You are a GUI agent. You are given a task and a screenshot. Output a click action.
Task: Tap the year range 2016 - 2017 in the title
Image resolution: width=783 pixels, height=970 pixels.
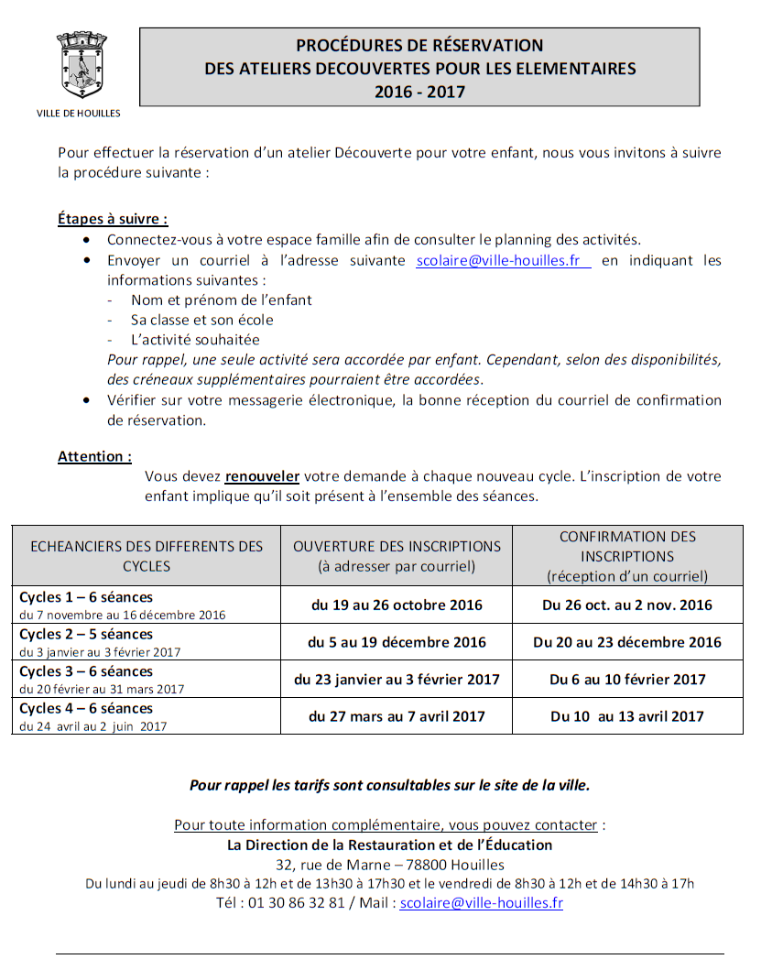pyautogui.click(x=419, y=92)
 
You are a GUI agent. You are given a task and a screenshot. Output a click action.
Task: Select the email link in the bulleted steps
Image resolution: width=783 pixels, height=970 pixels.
pyautogui.click(x=503, y=260)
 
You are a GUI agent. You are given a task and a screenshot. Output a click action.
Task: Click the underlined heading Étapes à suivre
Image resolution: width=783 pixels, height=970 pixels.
pyautogui.click(x=113, y=219)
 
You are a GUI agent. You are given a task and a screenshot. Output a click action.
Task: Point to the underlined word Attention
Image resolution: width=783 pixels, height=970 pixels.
pyautogui.click(x=94, y=456)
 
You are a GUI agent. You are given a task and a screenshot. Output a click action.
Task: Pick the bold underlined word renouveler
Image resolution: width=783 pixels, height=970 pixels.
pyautogui.click(x=263, y=476)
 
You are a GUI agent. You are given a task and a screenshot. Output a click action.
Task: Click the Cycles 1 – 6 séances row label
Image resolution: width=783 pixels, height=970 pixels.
pyautogui.click(x=86, y=597)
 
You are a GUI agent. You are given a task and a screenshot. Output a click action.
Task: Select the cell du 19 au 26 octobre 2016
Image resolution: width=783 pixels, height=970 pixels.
pyautogui.click(x=397, y=605)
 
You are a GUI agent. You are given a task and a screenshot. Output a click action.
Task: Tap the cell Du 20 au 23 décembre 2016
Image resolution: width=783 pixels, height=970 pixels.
pyautogui.click(x=627, y=642)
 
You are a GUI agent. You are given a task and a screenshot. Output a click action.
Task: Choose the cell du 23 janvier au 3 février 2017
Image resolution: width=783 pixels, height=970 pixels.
pyautogui.click(x=397, y=679)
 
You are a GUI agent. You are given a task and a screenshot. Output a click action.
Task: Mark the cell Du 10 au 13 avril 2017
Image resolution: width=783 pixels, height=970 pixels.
pyautogui.click(x=627, y=716)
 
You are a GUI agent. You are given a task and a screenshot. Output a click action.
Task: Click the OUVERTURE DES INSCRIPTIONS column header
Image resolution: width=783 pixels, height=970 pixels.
pyautogui.click(x=397, y=555)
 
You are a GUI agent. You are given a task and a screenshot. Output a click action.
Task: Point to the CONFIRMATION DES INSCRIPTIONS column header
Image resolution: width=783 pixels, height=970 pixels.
pyautogui.click(x=627, y=556)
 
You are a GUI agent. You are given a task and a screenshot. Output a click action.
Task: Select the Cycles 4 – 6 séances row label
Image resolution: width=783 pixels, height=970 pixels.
pyautogui.click(x=86, y=708)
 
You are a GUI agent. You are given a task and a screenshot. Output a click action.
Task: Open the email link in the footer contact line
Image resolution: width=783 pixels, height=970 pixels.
pyautogui.click(x=481, y=902)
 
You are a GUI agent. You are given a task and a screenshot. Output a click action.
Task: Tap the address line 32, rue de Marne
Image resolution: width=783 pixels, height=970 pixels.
pyautogui.click(x=389, y=864)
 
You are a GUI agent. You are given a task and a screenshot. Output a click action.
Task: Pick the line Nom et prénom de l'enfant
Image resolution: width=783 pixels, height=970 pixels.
pyautogui.click(x=221, y=300)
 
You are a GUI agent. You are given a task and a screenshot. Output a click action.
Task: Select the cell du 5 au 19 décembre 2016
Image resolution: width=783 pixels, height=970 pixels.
pyautogui.click(x=397, y=642)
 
